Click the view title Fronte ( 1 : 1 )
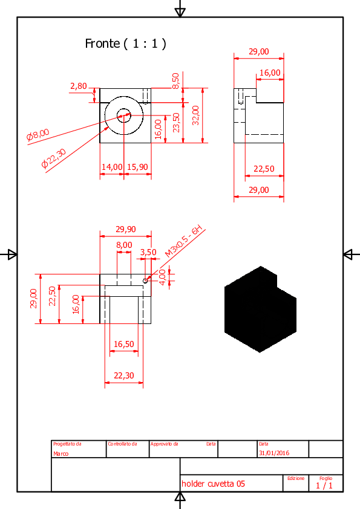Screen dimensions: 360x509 point(125,44)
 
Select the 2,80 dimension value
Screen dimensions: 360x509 point(79,86)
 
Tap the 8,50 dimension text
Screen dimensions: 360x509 point(175,81)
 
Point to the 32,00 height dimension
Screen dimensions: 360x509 point(195,115)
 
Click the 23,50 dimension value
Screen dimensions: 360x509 point(176,122)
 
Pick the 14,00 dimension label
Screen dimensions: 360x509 point(112,167)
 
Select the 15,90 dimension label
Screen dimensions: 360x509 point(137,167)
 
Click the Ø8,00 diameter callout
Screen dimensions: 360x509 point(38,135)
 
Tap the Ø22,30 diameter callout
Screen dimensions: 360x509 point(54,158)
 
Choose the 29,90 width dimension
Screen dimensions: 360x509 point(126,230)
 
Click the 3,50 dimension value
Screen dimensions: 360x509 point(148,252)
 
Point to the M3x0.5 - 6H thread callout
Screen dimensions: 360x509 point(184,241)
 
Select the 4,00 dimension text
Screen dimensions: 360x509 point(162,277)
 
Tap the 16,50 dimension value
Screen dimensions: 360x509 point(124,344)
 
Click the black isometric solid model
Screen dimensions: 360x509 point(260,310)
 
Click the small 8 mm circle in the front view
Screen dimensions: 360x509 point(124,115)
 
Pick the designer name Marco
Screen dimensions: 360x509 point(61,453)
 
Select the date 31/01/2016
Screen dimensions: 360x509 point(274,453)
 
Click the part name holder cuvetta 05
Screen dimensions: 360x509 point(213,484)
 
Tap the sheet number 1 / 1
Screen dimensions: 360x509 point(324,485)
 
